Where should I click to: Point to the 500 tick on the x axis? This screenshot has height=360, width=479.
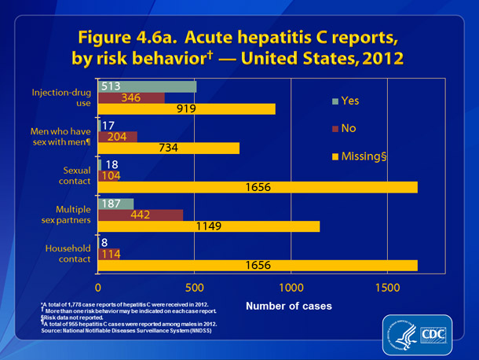click(x=194, y=287)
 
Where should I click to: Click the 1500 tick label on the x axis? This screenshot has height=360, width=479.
click(x=387, y=287)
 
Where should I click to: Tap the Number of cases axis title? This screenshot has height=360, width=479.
click(x=287, y=305)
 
